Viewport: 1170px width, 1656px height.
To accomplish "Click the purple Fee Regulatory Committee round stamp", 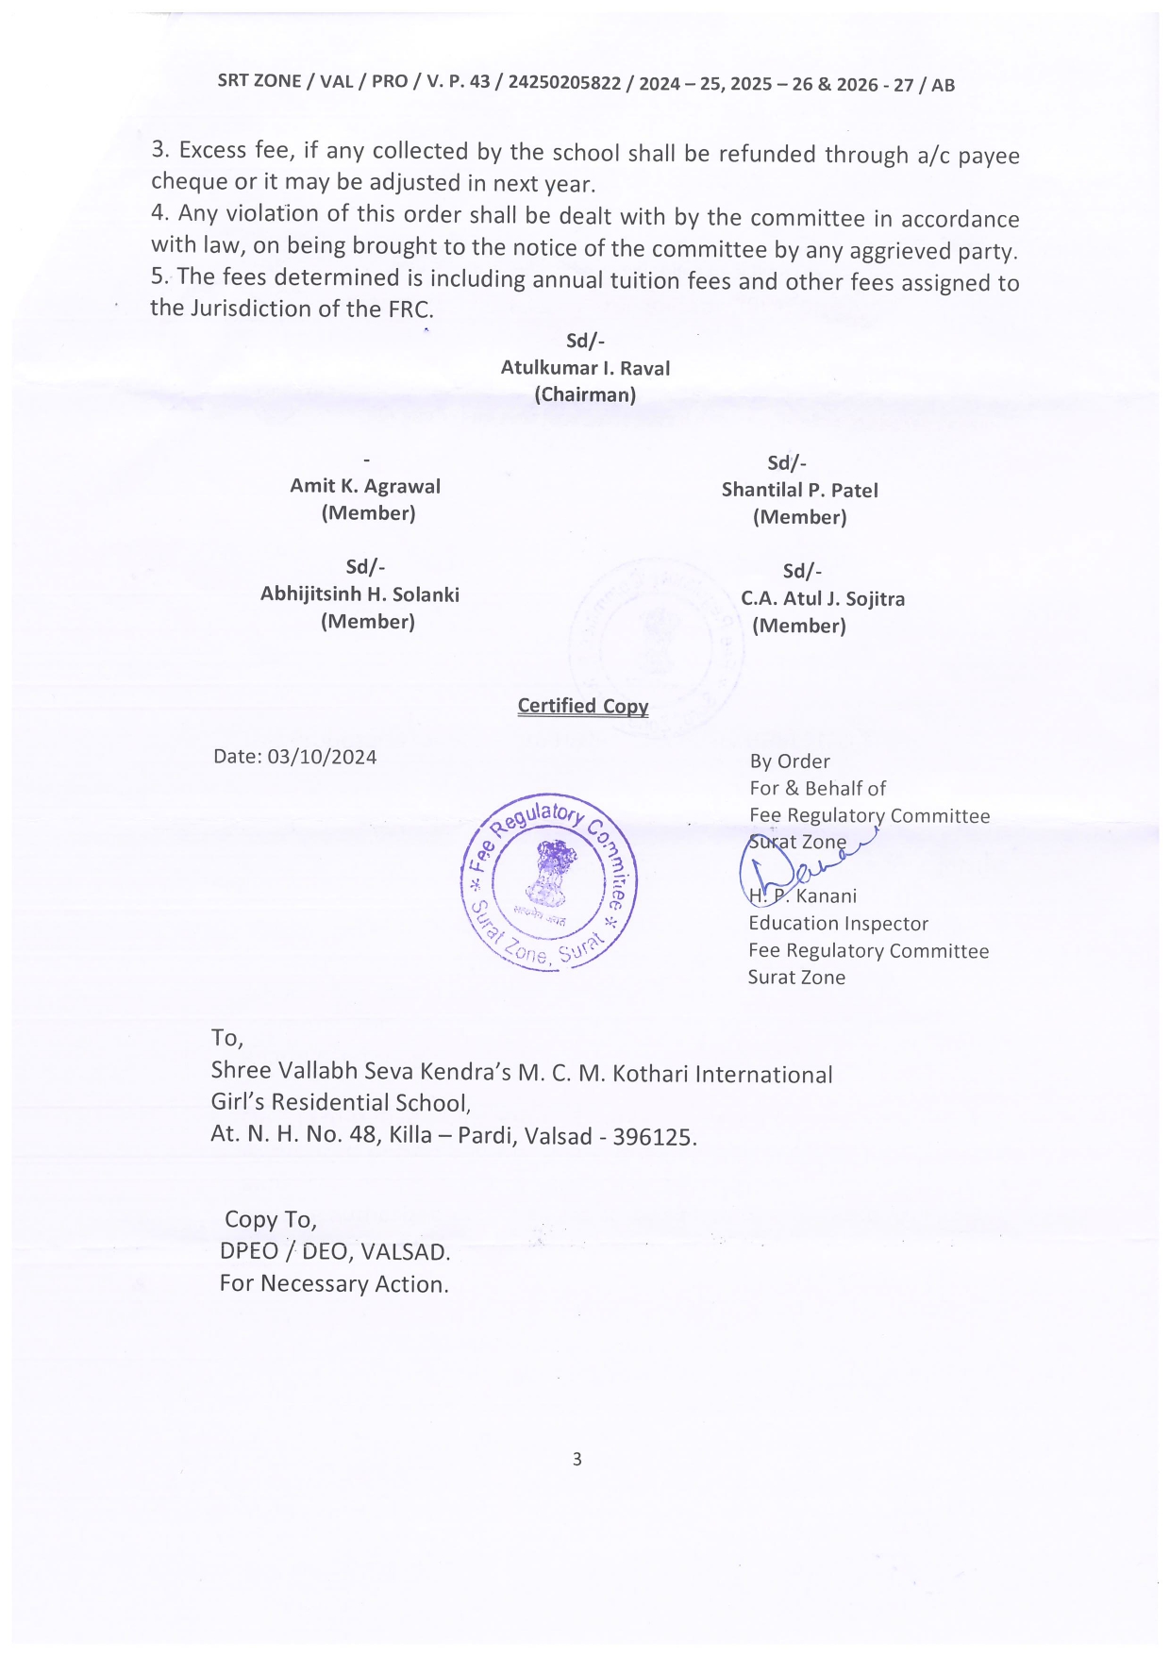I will pyautogui.click(x=548, y=882).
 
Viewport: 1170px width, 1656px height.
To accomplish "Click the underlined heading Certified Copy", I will pyautogui.click(x=583, y=706).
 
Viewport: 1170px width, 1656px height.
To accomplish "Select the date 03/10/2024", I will pyautogui.click(x=322, y=757).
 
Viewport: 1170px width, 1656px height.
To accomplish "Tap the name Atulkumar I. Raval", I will pyautogui.click(x=585, y=368).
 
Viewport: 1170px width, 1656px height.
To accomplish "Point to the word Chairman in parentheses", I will pyautogui.click(x=585, y=394).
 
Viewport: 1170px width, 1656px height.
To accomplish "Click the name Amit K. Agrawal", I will pyautogui.click(x=365, y=486).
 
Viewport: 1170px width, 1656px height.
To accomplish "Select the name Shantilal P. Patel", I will pyautogui.click(x=799, y=490).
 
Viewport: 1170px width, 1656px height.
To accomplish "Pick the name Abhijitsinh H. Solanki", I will pyautogui.click(x=359, y=594).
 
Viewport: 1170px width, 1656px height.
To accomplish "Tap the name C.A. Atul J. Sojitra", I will pyautogui.click(x=823, y=598).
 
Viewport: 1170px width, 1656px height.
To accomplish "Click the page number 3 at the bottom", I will pyautogui.click(x=577, y=1459).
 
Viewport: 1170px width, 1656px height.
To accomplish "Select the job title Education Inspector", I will pyautogui.click(x=838, y=923).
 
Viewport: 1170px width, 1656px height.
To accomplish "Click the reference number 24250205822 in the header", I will pyautogui.click(x=564, y=83).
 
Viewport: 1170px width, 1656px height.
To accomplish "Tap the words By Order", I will pyautogui.click(x=790, y=761).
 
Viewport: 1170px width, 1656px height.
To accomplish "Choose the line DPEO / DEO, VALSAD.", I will pyautogui.click(x=335, y=1251).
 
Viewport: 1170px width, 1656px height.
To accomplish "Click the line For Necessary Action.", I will pyautogui.click(x=334, y=1283).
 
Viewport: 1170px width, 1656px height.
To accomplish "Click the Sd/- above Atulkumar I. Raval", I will pyautogui.click(x=585, y=341).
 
